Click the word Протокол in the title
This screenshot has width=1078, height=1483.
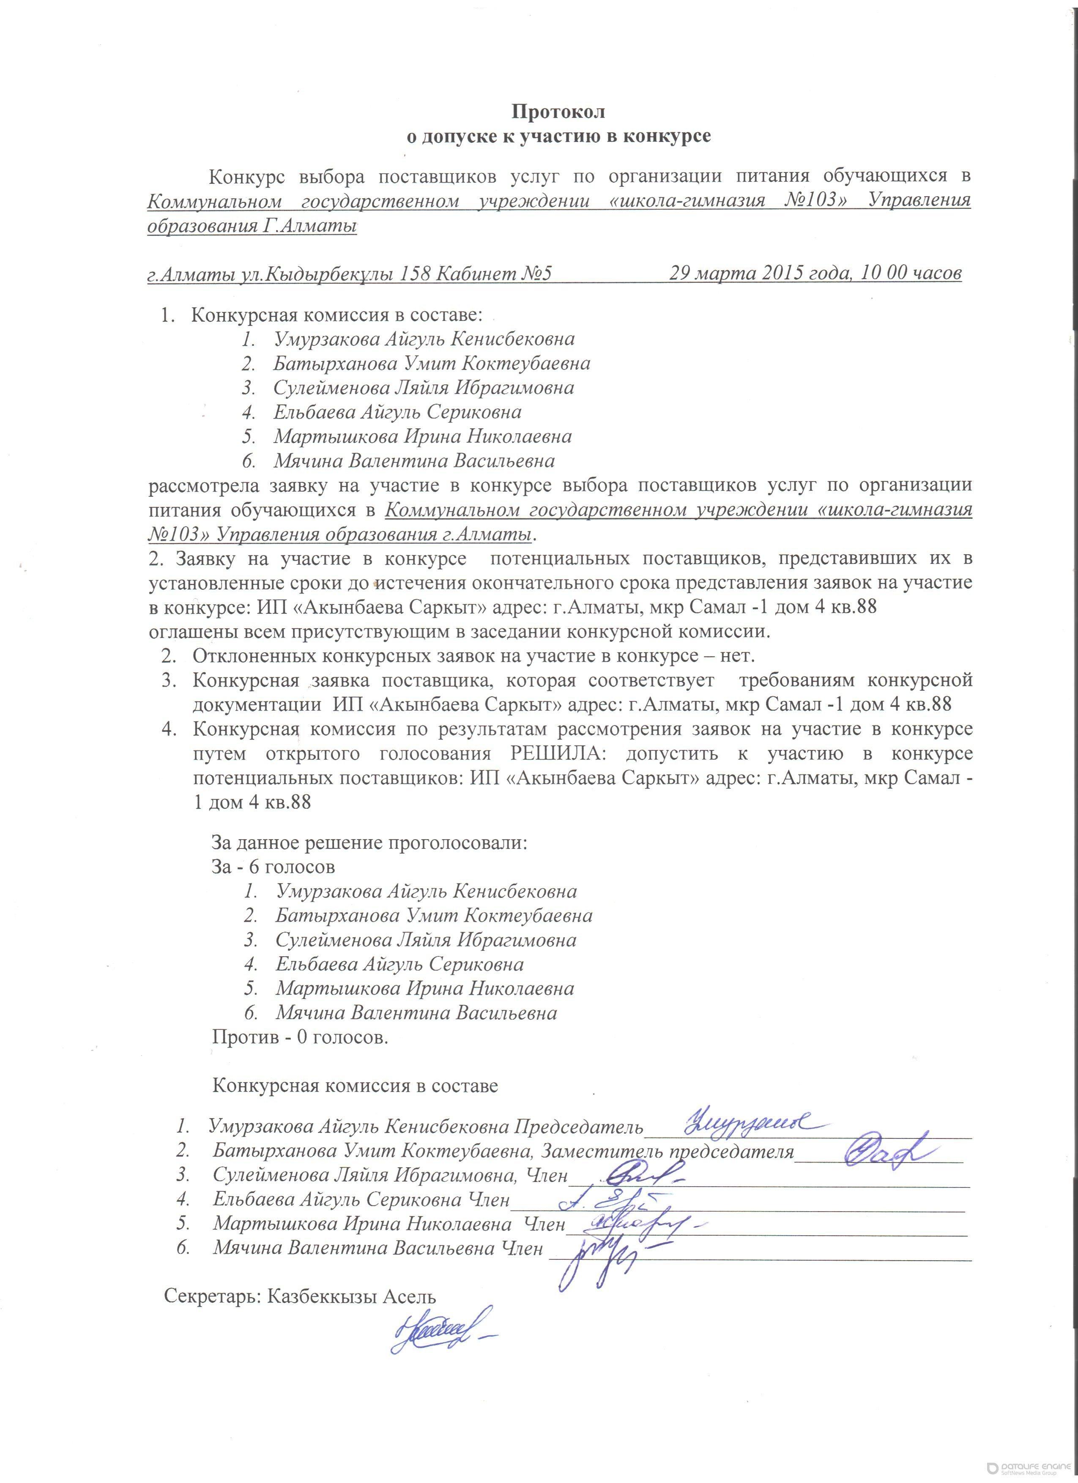tap(558, 112)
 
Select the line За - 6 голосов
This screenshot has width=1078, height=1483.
tap(273, 867)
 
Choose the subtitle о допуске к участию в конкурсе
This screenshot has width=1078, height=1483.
tap(558, 137)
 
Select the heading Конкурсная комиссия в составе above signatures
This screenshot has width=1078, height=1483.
tap(355, 1086)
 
